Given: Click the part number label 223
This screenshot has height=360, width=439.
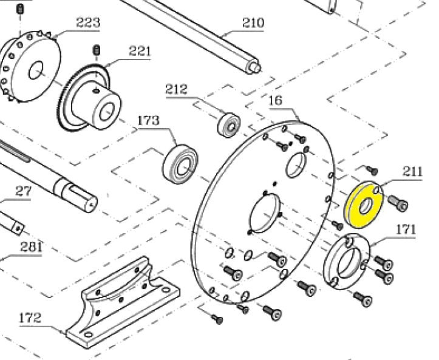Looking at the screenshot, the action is click(88, 22).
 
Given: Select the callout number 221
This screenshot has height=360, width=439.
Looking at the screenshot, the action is click(140, 51).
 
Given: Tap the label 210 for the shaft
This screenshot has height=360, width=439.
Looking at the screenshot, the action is click(253, 22).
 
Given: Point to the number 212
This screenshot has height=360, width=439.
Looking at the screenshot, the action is click(176, 89).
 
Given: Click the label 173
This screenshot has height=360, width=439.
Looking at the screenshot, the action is click(148, 120).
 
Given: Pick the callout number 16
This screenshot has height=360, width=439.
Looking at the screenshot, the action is click(276, 101).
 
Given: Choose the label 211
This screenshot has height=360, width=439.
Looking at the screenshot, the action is click(412, 171).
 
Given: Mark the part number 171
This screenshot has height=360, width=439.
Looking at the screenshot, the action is click(406, 230).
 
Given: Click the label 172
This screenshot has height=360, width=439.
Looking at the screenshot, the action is click(30, 318).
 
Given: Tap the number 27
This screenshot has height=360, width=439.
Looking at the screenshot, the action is click(24, 191).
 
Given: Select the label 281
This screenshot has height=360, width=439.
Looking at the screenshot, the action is click(31, 247).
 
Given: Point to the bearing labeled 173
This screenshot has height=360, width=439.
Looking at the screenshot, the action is click(180, 164).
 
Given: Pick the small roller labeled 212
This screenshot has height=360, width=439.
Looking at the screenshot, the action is click(229, 125).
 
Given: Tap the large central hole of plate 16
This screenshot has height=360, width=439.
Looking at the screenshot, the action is click(264, 213).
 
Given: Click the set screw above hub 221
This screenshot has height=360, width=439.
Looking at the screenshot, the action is click(97, 50).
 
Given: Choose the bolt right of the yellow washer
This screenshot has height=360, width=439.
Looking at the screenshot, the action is click(398, 203).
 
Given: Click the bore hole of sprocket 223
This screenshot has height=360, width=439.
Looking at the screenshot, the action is click(36, 70).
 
